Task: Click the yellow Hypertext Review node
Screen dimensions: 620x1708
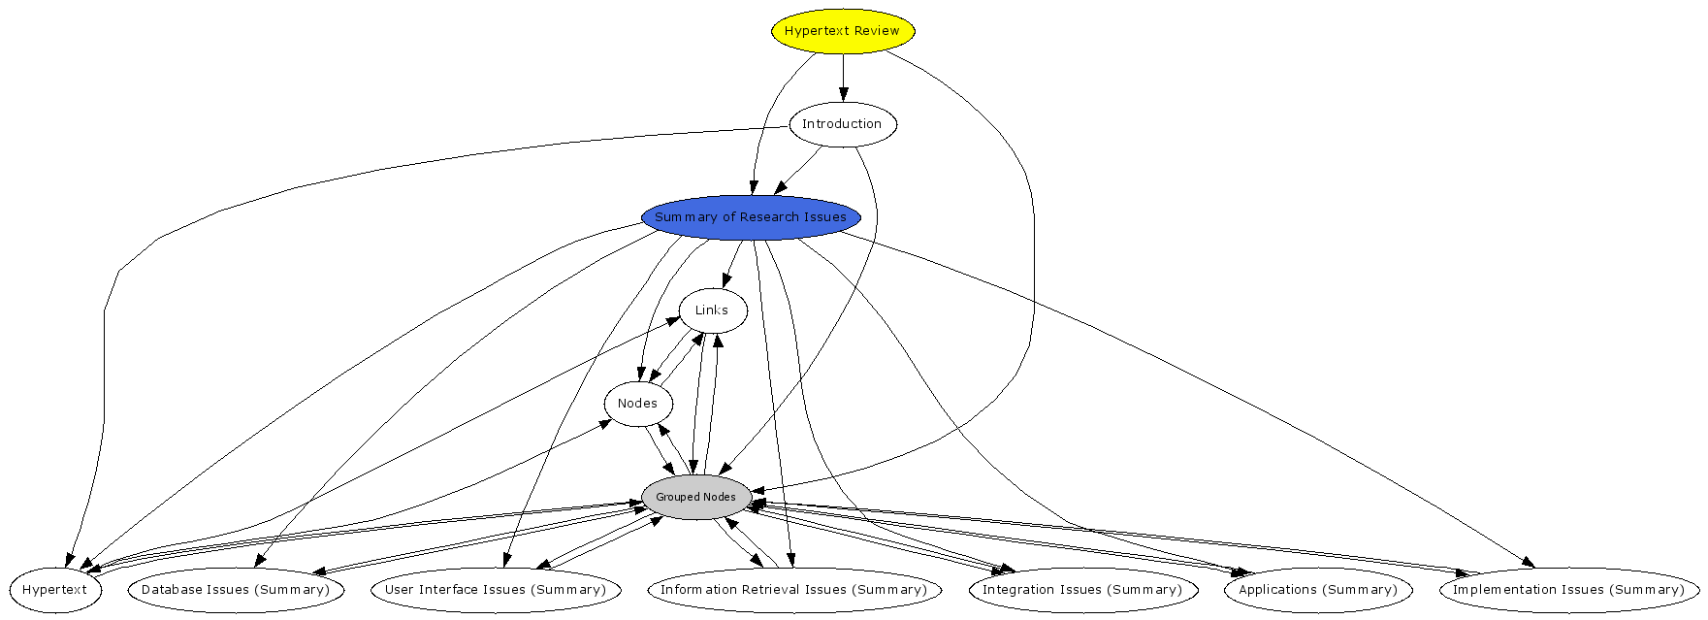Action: [842, 31]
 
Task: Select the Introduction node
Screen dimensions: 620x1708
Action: [842, 124]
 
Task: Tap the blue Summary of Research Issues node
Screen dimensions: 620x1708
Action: [751, 217]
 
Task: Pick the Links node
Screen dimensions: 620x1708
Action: [712, 310]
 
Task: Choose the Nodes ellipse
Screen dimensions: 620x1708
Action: [637, 404]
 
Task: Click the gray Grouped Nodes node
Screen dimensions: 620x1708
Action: [695, 497]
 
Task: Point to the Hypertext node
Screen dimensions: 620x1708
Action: [54, 590]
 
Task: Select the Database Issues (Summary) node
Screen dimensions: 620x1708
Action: [236, 590]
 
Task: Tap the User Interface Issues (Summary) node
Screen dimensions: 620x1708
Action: [496, 590]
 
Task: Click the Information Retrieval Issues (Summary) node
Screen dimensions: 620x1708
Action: [793, 590]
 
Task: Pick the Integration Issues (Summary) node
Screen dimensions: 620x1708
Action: [1082, 590]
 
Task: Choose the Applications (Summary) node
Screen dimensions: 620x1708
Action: [1318, 590]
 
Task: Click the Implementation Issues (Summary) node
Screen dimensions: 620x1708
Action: [1568, 590]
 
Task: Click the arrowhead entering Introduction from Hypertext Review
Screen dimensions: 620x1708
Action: [843, 95]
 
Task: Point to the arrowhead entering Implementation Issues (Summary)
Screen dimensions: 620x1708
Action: [1528, 563]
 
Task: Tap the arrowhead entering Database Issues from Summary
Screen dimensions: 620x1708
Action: [259, 561]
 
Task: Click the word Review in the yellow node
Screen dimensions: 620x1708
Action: [877, 31]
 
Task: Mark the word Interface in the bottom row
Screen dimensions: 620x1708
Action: [454, 590]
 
